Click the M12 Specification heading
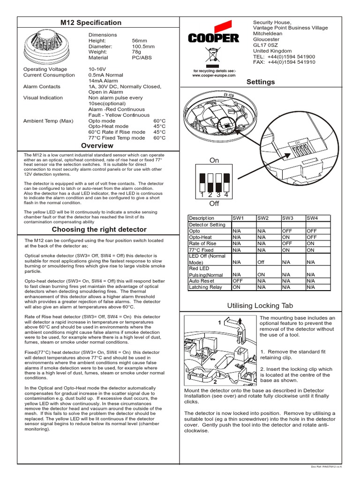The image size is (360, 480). pos(91,22)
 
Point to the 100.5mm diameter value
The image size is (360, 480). pos(143,46)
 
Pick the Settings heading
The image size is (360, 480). pos(261,82)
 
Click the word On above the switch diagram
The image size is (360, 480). pos(214,160)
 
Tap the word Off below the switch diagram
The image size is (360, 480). pos(214,204)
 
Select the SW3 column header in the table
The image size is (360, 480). pos(287,218)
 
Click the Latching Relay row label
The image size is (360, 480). pos(205,287)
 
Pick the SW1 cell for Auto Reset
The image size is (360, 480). pos(237,280)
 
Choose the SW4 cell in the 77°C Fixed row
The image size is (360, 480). pos(311,250)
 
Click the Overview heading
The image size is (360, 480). pos(97,146)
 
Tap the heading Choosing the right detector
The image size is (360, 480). pos(99,230)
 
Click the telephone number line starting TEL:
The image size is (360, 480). pos(284,56)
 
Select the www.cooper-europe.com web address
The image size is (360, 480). pos(214,75)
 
